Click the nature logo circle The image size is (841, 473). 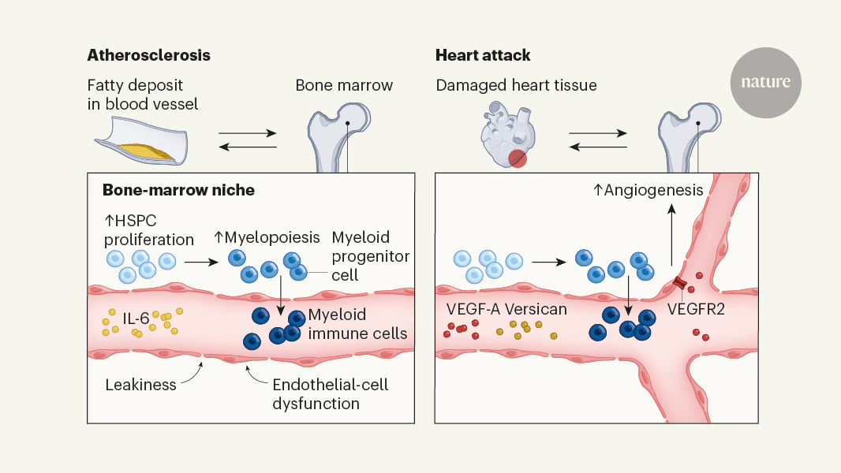click(x=765, y=82)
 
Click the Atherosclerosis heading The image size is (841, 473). click(x=149, y=56)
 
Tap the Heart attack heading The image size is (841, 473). click(x=483, y=56)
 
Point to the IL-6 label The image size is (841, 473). click(x=136, y=319)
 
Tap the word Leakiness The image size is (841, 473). click(x=140, y=385)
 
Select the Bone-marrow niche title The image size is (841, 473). click(x=178, y=191)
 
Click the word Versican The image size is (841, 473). click(x=539, y=309)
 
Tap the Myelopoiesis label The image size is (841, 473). click(x=267, y=237)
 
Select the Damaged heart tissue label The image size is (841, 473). click(x=517, y=85)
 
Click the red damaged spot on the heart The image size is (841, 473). click(x=517, y=158)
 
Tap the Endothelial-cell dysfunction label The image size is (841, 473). click(x=330, y=394)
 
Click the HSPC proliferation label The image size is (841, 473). click(x=148, y=229)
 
